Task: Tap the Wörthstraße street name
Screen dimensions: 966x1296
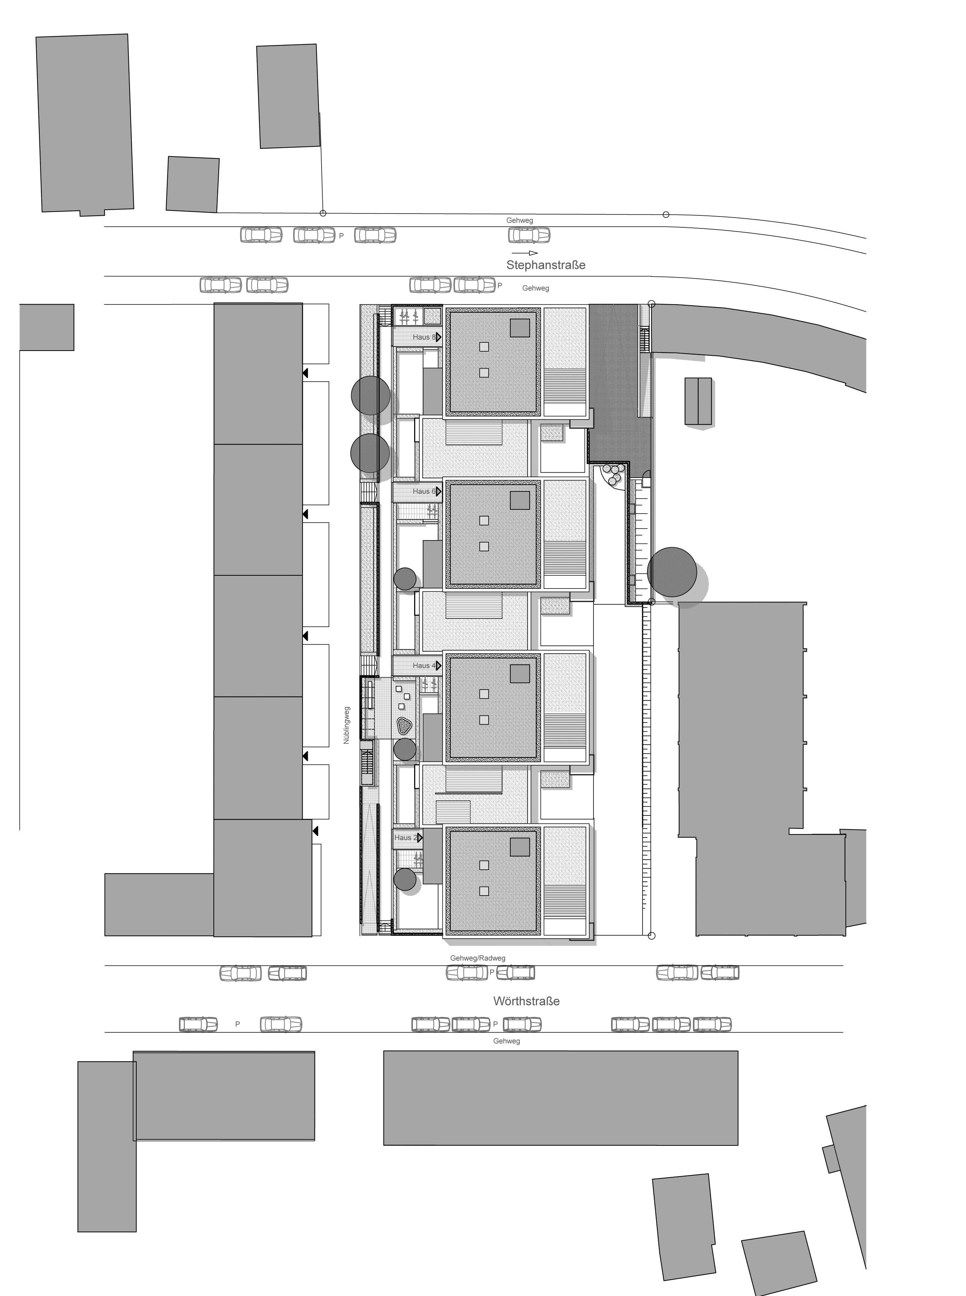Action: pos(526,1001)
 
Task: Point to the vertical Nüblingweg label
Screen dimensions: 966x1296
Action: pos(346,725)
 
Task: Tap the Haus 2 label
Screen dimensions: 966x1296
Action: pos(406,838)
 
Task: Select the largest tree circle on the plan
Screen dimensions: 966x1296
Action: pos(672,572)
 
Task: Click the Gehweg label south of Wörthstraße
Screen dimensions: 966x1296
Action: pos(506,1041)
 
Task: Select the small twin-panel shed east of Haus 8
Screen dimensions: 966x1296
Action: pos(698,401)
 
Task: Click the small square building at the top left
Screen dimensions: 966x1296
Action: pos(192,184)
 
